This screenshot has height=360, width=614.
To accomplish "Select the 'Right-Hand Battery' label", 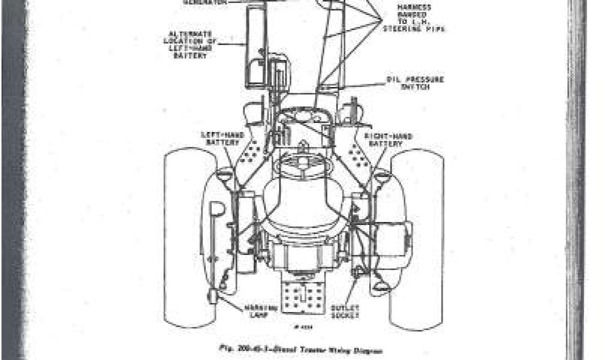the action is click(x=392, y=140).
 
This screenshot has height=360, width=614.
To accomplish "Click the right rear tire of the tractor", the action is click(x=417, y=240).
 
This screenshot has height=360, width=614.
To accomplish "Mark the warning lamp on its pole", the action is click(x=215, y=298).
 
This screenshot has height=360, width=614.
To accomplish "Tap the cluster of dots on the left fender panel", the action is click(x=257, y=154).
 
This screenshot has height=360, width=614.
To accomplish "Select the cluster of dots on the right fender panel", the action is click(x=359, y=154).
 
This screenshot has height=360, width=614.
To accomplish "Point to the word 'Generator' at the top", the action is click(x=201, y=2).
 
